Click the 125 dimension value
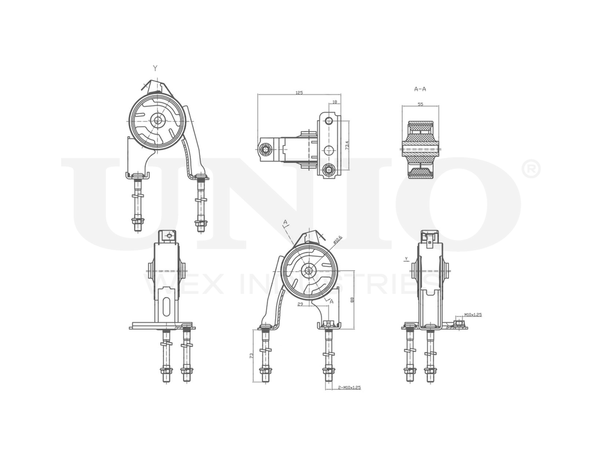[299, 93]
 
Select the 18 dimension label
[334, 102]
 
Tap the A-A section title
[420, 89]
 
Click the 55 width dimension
[420, 104]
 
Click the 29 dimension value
[299, 305]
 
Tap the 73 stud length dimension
[251, 357]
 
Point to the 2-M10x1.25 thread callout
[349, 388]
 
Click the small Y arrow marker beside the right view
[407, 259]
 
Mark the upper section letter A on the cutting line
[284, 223]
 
